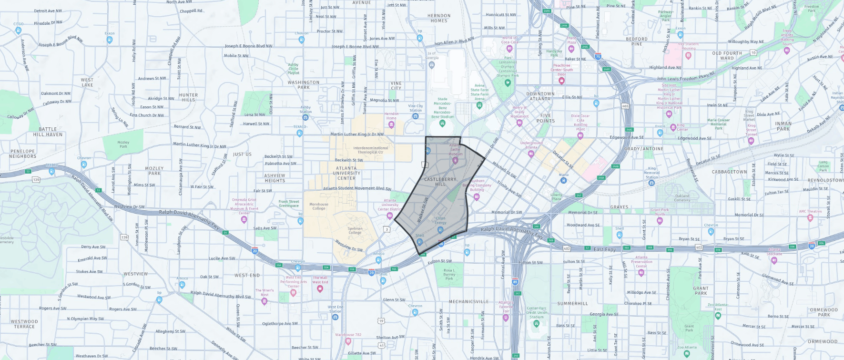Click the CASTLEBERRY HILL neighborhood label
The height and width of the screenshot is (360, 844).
(x=440, y=182)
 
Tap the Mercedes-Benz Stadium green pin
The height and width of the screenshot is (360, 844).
(x=442, y=123)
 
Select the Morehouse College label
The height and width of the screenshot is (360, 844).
(x=319, y=206)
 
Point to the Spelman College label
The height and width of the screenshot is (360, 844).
(x=355, y=231)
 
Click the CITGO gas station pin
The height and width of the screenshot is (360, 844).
(x=18, y=31)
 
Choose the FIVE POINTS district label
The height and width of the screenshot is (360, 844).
(x=546, y=118)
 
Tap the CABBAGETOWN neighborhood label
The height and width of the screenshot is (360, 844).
(x=729, y=172)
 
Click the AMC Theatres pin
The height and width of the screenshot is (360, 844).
(x=810, y=218)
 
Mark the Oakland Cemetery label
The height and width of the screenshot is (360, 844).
(x=682, y=198)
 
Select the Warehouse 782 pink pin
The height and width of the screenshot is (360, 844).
(x=348, y=341)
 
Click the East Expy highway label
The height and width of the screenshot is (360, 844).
(x=604, y=249)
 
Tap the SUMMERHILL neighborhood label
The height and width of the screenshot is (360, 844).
(x=572, y=303)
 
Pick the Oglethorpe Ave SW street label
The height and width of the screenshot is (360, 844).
(x=280, y=324)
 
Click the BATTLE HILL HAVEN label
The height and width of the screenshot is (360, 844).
(x=48, y=132)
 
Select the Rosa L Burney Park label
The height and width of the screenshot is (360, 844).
(x=449, y=274)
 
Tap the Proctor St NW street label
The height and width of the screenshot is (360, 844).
(x=330, y=31)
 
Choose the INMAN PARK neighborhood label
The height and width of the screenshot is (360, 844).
(x=783, y=126)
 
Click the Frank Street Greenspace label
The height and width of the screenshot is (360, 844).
(x=289, y=204)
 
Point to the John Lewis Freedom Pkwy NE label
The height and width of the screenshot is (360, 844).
(x=686, y=77)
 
